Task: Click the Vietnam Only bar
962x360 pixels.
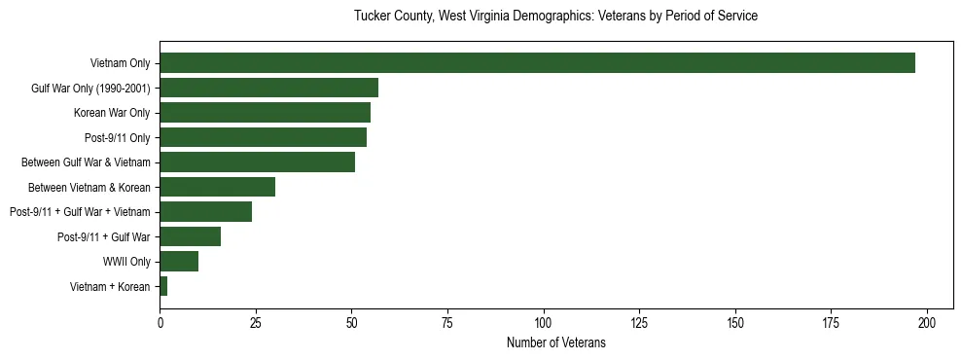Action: [x=537, y=63]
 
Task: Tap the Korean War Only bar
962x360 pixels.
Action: [x=266, y=113]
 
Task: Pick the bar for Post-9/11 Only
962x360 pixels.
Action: [x=264, y=137]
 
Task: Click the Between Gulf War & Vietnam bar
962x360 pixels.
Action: [x=258, y=162]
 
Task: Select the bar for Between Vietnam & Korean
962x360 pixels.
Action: [x=218, y=187]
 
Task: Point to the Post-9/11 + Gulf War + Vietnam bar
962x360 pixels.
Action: [x=206, y=212]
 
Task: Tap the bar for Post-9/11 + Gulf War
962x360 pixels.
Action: [x=191, y=236]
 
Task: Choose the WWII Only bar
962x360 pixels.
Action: [x=179, y=262]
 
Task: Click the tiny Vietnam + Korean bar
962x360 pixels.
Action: [x=163, y=286]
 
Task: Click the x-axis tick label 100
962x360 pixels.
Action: [x=544, y=322]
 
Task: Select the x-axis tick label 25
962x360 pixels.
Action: [x=256, y=322]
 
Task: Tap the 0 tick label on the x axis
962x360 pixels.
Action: [x=160, y=322]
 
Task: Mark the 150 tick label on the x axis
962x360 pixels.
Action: [x=735, y=322]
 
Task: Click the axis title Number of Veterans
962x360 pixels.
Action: [x=556, y=342]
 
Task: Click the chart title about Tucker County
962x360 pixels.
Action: [x=555, y=17]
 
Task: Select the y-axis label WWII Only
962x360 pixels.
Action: [x=126, y=262]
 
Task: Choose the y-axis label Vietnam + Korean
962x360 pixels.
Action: [x=110, y=287]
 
